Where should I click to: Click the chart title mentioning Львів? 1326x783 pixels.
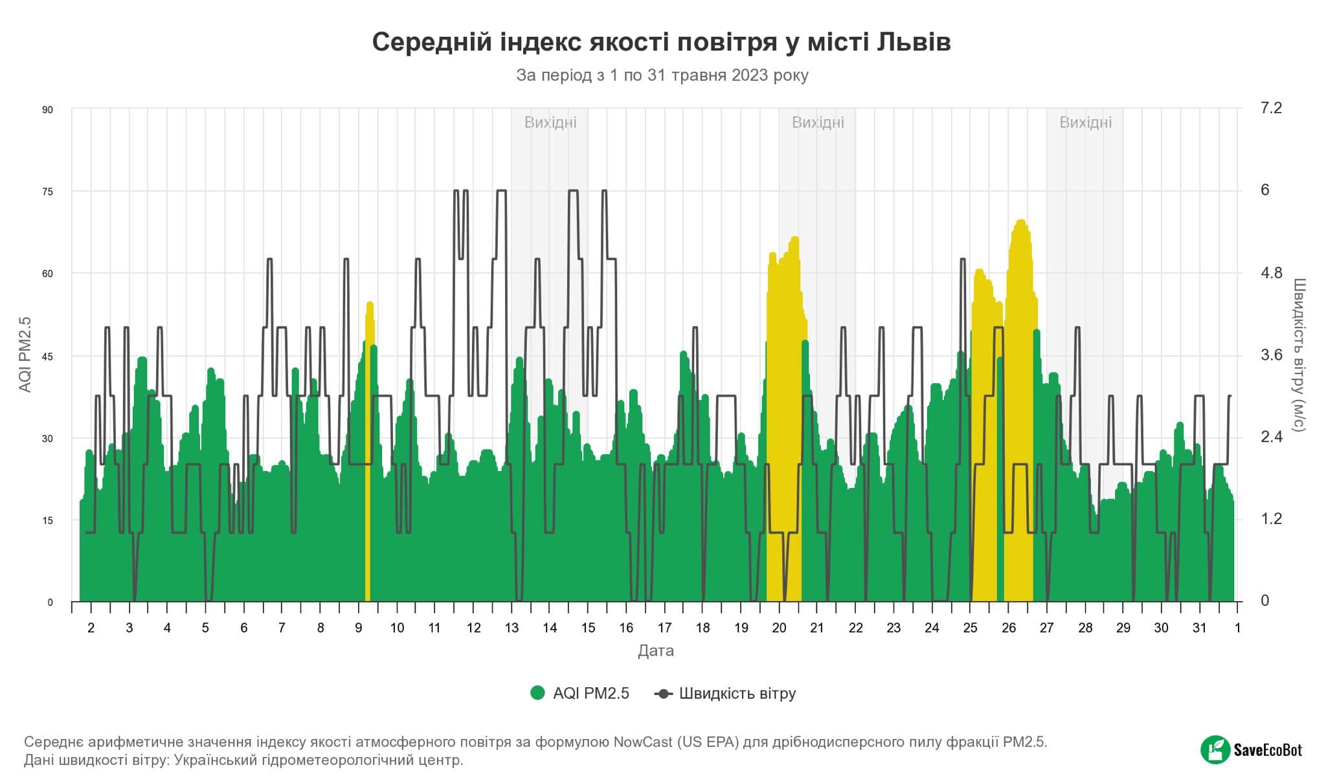[661, 42]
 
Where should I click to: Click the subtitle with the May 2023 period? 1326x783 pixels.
[662, 76]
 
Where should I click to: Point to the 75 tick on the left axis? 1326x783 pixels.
[47, 192]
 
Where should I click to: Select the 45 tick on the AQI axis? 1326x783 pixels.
[47, 356]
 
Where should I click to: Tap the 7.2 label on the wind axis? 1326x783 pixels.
[1271, 108]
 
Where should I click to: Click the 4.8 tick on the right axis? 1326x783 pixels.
[1271, 273]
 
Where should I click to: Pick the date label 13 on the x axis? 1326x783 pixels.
[511, 628]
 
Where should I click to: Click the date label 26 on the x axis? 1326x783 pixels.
[1008, 628]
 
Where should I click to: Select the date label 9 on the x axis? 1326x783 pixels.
[359, 628]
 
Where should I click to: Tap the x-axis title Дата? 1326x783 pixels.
[655, 651]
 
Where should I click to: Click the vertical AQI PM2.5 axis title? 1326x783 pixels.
[25, 355]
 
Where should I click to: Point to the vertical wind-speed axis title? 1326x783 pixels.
[1299, 355]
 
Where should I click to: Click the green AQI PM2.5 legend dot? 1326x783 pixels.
[537, 693]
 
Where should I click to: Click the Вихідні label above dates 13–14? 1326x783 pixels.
[550, 122]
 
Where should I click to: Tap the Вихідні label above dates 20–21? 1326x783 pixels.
[818, 122]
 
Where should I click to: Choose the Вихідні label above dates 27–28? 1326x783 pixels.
[1085, 122]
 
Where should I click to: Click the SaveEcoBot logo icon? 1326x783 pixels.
[1215, 750]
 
